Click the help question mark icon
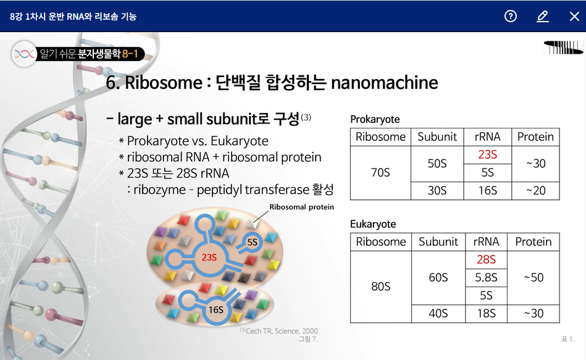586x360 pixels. click(x=511, y=16)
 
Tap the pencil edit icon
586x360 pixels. click(x=543, y=16)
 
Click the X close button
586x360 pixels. click(x=574, y=16)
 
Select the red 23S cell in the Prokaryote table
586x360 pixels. click(x=487, y=154)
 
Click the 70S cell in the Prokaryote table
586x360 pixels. click(x=380, y=172)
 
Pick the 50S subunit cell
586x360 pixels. click(x=437, y=164)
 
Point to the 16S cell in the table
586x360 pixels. click(x=487, y=191)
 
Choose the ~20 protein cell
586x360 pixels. click(x=535, y=191)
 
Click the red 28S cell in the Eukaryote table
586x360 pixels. click(x=486, y=259)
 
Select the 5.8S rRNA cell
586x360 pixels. click(x=486, y=277)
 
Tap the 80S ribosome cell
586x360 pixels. click(x=381, y=287)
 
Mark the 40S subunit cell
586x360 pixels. click(x=438, y=313)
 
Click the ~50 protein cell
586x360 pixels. click(x=534, y=277)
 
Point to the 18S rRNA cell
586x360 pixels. click(x=486, y=313)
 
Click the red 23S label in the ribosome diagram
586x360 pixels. click(x=209, y=257)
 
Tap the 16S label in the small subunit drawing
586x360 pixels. click(x=216, y=310)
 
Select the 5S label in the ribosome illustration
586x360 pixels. click(x=253, y=242)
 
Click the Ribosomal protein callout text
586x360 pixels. click(x=301, y=207)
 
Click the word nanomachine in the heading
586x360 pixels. click(x=384, y=83)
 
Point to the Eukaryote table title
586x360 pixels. click(x=373, y=224)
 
